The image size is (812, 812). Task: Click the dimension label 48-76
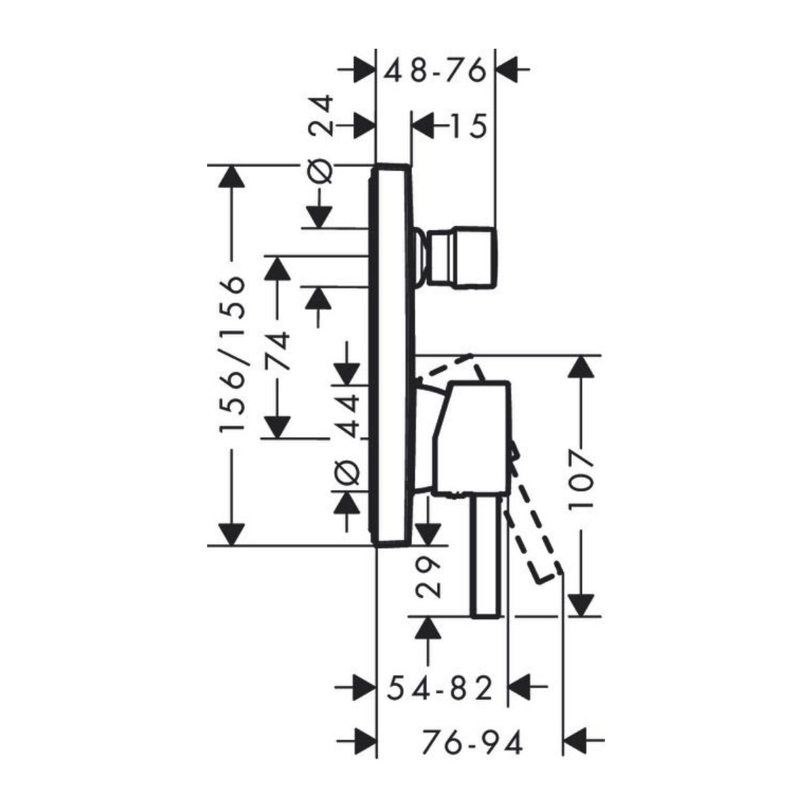436,69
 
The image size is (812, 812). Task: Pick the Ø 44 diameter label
346,433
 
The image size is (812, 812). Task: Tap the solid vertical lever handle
487,555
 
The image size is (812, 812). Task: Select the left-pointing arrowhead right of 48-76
508,69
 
